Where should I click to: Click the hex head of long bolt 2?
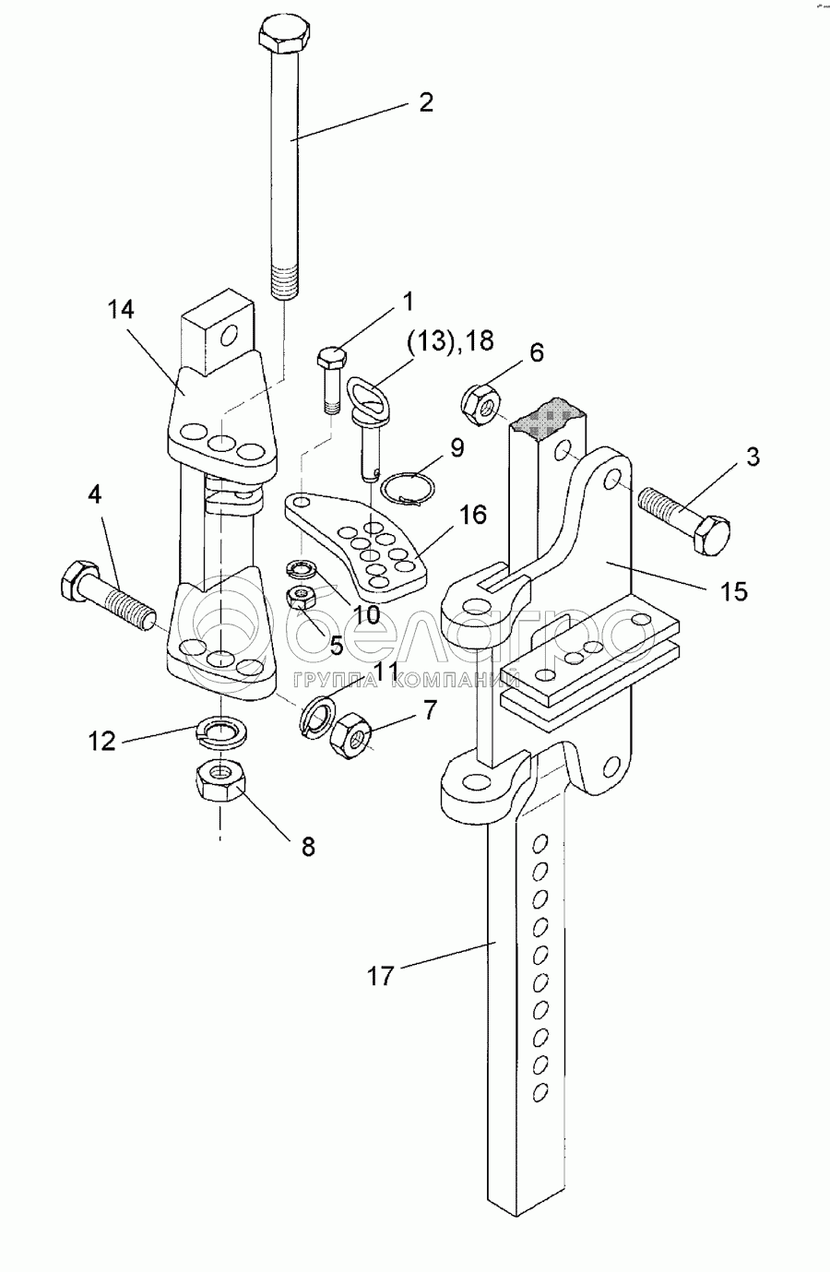(x=283, y=36)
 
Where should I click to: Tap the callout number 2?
(x=425, y=101)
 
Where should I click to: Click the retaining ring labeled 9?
(x=409, y=489)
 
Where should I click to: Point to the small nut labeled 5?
(x=300, y=596)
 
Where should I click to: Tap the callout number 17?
(x=381, y=974)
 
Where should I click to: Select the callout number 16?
(x=472, y=515)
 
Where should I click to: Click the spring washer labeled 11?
(x=317, y=712)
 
